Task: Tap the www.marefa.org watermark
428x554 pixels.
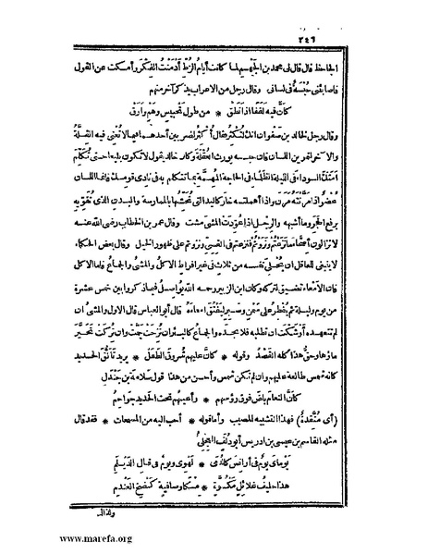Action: (55, 536)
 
